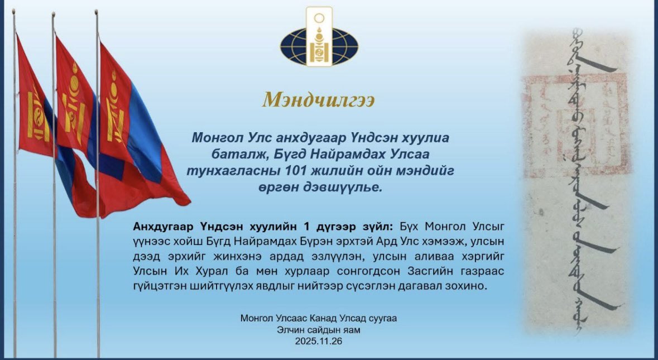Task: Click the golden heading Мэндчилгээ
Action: point(319,99)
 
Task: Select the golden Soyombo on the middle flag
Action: point(74,106)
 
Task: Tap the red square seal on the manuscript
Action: point(575,126)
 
